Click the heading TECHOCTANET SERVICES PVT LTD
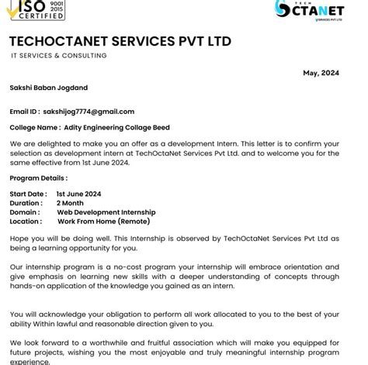[120, 41]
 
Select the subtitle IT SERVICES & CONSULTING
[59, 56]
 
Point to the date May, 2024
[321, 73]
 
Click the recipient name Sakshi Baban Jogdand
[50, 89]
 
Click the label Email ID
[24, 112]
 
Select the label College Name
[34, 127]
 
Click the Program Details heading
[39, 178]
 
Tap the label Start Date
[28, 194]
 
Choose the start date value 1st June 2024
[78, 194]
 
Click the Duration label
[26, 203]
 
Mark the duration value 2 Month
[70, 203]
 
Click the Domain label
[24, 212]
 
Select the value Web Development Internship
[106, 212]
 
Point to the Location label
[26, 222]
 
